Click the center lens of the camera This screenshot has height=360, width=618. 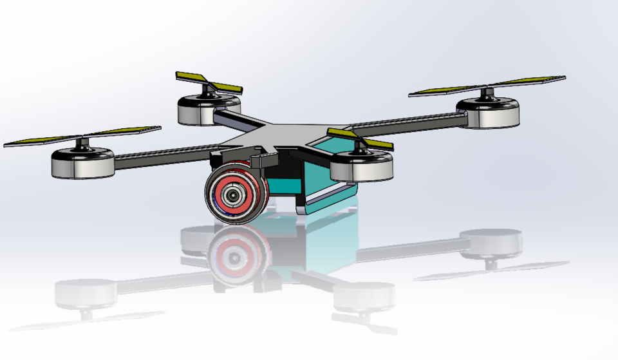tap(232, 195)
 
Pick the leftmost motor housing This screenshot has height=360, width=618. tap(82, 164)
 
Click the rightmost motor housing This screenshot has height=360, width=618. tap(487, 113)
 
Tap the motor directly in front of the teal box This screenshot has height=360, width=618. tap(361, 166)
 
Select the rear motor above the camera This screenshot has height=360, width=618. tap(209, 109)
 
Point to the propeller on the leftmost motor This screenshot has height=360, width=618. tap(82, 136)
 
